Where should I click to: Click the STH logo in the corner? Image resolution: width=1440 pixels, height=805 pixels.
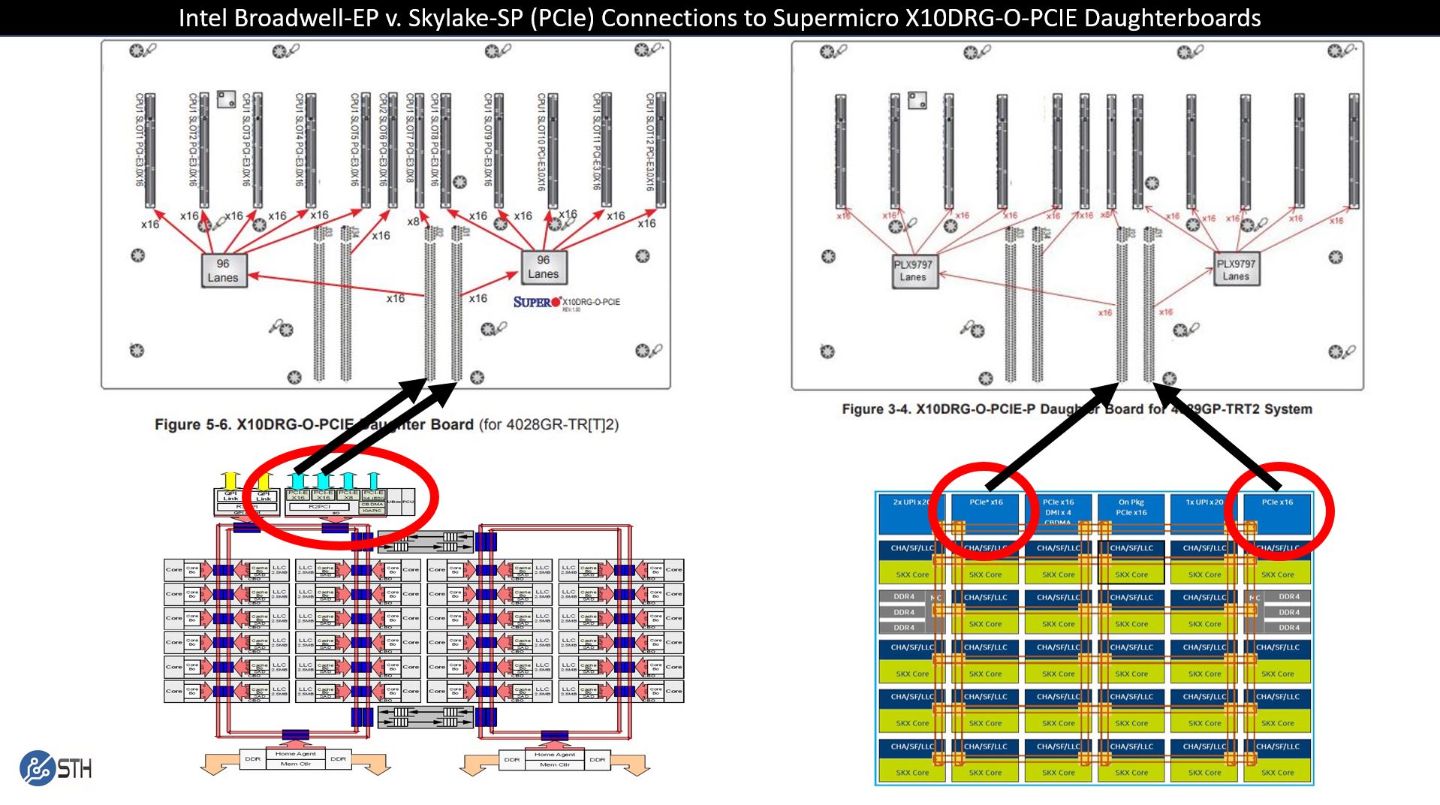[56, 767]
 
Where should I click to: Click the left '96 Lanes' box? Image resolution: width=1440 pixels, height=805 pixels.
[223, 270]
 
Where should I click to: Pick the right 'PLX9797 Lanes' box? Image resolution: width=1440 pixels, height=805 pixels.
[1236, 270]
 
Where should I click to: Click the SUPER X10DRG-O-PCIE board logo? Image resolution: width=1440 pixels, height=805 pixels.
[566, 303]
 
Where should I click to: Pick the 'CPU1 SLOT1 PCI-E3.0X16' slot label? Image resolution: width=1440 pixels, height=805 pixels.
[140, 140]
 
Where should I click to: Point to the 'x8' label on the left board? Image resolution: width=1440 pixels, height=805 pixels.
[413, 222]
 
